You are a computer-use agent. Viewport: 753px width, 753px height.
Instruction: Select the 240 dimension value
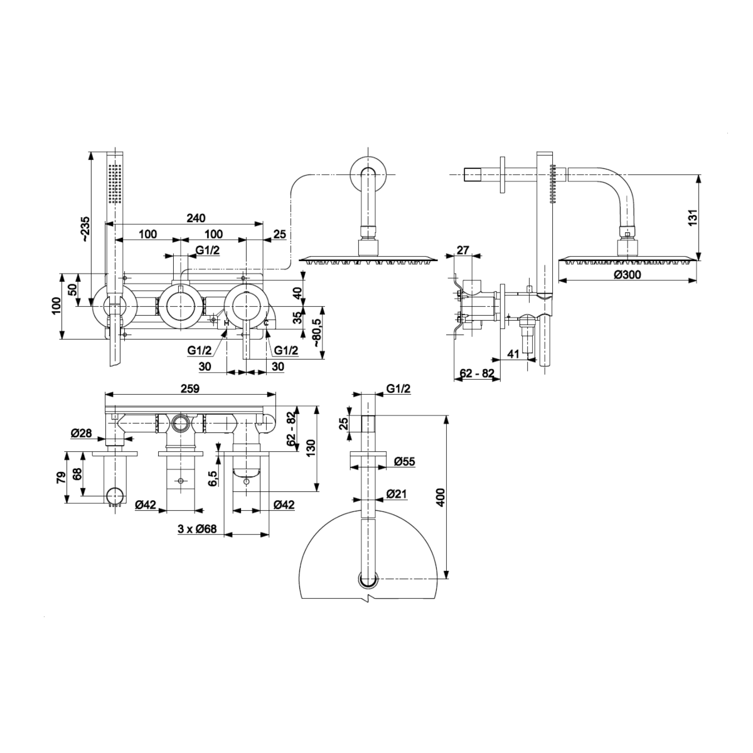pos(196,218)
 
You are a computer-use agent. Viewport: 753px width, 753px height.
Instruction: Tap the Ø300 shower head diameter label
pos(627,275)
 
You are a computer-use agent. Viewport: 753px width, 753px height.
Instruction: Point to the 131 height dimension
pos(692,217)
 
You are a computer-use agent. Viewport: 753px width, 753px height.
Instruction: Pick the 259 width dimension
pos(190,388)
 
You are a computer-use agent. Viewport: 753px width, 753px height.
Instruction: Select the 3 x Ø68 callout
pos(197,529)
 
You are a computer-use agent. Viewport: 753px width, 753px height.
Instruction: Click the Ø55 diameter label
pos(405,461)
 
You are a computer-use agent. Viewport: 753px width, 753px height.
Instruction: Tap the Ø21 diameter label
pos(397,494)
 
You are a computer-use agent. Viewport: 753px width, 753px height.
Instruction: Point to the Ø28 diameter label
pos(82,432)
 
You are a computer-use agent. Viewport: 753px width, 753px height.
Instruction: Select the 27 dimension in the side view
pos(463,250)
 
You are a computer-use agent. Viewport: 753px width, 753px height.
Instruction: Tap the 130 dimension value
pos(309,449)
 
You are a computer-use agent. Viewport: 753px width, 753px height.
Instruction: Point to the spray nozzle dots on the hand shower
pos(114,183)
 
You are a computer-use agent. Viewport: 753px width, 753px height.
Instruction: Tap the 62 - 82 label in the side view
pos(477,374)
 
